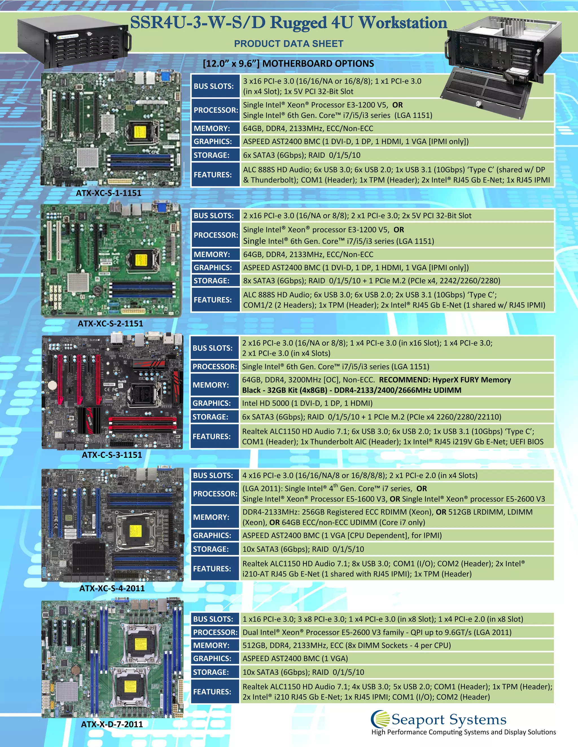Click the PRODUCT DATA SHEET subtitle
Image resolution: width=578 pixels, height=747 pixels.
coord(289,44)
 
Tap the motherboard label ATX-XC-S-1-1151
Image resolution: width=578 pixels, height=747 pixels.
coord(109,193)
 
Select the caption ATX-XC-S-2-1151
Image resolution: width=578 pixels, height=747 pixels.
coord(110,324)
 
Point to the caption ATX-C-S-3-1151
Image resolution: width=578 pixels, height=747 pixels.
coord(112,455)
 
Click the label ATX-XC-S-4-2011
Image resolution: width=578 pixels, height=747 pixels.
coord(112,588)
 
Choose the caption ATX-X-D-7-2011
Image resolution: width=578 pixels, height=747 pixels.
coord(112,724)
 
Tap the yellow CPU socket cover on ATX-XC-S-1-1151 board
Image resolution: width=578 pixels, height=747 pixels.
coord(140,132)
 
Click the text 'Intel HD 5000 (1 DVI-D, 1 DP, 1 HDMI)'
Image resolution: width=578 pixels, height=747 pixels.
coord(307,403)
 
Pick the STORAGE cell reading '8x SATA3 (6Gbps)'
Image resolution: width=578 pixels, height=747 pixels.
coord(371,281)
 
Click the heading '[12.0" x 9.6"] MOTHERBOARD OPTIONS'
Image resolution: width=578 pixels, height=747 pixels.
coord(288,64)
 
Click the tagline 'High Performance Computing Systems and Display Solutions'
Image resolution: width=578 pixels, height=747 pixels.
coord(464,732)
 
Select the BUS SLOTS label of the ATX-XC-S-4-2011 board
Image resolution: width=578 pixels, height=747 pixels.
coord(213,476)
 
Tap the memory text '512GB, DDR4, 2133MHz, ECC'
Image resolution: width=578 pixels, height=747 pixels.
coord(346,646)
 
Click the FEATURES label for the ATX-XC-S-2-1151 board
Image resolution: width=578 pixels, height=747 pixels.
coord(213,300)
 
